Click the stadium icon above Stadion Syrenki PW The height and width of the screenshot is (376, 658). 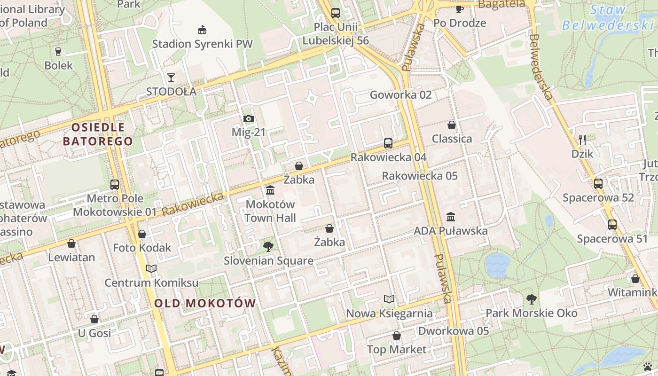[x=202, y=30]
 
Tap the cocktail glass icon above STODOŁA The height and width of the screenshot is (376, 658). [x=171, y=77]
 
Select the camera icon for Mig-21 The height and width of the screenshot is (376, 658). [x=249, y=119]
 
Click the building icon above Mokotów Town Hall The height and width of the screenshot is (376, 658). [x=270, y=190]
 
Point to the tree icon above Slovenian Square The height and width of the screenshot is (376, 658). [x=268, y=246]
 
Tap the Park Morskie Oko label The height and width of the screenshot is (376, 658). [x=531, y=313]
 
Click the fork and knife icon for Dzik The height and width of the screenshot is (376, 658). [x=582, y=140]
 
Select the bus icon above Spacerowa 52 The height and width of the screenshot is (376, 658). [x=598, y=184]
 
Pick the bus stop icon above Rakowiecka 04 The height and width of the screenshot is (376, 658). [x=388, y=143]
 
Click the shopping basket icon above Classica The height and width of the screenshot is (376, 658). [x=452, y=125]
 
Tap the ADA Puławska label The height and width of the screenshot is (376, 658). [x=450, y=231]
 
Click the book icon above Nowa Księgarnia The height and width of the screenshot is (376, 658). [x=389, y=299]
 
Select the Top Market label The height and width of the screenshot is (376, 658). [x=396, y=349]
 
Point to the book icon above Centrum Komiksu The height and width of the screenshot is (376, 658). [x=151, y=268]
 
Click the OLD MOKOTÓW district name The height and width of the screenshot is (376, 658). [x=205, y=303]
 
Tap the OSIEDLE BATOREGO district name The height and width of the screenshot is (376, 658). [x=98, y=134]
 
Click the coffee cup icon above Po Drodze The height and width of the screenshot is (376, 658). [x=459, y=9]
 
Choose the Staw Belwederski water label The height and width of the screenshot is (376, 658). [x=608, y=17]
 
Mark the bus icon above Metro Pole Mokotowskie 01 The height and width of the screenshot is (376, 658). [x=115, y=185]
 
